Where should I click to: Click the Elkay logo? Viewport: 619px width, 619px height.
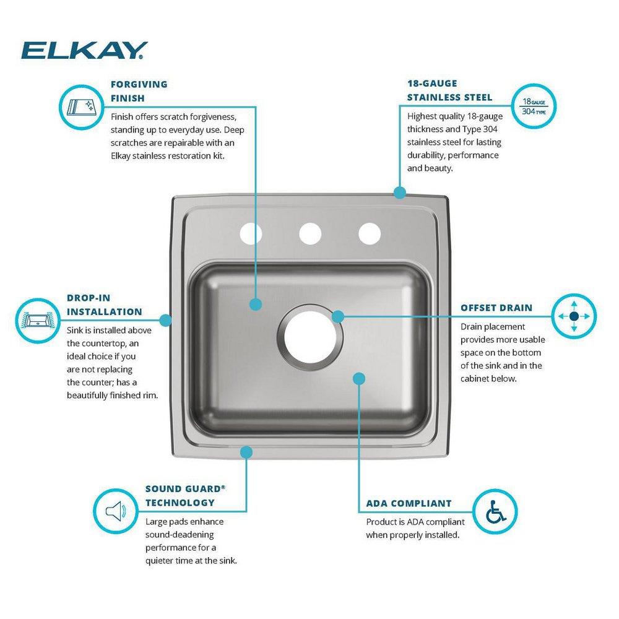click(x=84, y=50)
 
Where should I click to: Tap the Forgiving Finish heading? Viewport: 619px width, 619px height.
click(x=139, y=91)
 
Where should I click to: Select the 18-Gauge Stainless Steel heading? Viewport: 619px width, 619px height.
click(x=449, y=91)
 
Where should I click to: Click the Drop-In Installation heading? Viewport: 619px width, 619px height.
click(x=104, y=305)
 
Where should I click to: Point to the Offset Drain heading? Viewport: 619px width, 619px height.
click(x=496, y=308)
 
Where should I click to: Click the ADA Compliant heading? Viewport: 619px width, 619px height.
click(x=409, y=503)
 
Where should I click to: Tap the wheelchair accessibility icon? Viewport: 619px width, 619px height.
click(x=495, y=511)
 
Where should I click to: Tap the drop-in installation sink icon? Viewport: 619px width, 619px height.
click(x=36, y=321)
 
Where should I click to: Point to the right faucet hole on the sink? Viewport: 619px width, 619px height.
click(x=368, y=233)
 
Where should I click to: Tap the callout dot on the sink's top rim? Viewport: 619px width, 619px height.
click(x=399, y=193)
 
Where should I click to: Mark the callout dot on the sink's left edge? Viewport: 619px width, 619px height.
click(x=165, y=320)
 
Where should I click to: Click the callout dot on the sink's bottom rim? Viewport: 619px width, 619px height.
click(x=246, y=452)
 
